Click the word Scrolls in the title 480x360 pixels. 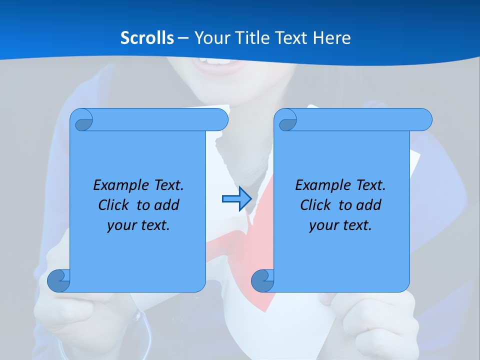click(147, 37)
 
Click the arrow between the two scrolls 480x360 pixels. click(236, 199)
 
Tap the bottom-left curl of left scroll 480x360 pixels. click(58, 280)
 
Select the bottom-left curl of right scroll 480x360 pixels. click(262, 280)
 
